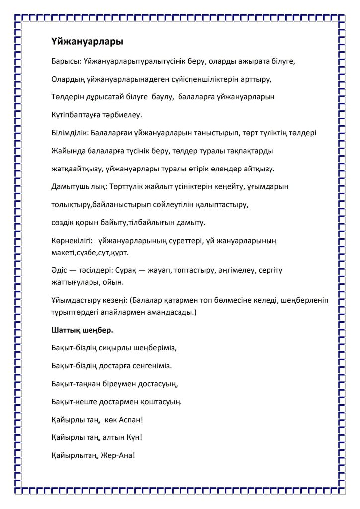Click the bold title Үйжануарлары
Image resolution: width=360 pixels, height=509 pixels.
pyautogui.click(x=87, y=42)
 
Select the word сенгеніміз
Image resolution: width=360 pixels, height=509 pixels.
pyautogui.click(x=149, y=365)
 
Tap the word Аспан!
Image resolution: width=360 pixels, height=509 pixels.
pyautogui.click(x=130, y=419)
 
